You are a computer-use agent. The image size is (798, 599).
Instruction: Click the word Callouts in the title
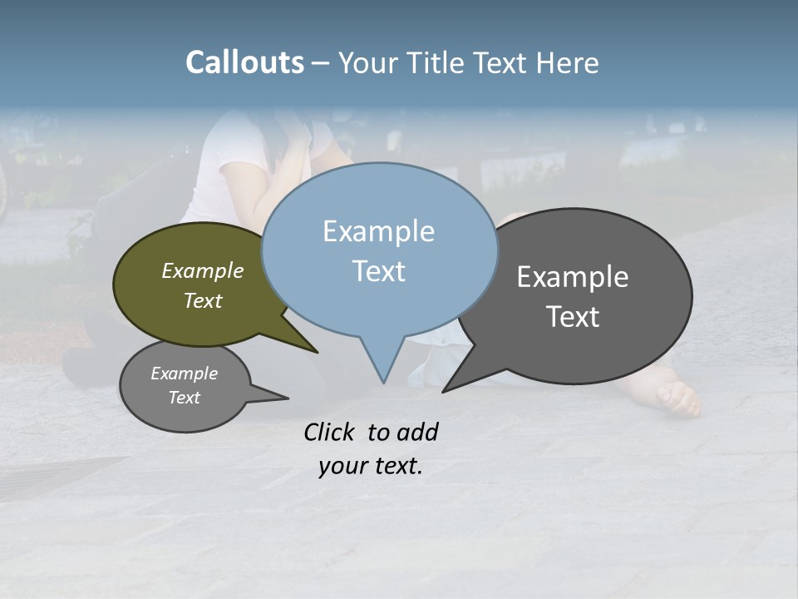tap(244, 62)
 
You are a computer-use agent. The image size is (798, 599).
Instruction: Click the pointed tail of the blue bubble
tap(383, 370)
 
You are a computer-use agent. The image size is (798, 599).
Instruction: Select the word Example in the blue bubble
tap(378, 231)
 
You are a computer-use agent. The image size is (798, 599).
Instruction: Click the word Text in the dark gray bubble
tap(573, 317)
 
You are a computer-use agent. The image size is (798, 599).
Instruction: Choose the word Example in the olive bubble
tap(203, 270)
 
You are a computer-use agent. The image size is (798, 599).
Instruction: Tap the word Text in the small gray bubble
tap(185, 398)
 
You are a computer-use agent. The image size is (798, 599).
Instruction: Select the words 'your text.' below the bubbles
tap(371, 466)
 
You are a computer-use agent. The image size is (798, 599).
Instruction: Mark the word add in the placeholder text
tap(417, 432)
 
